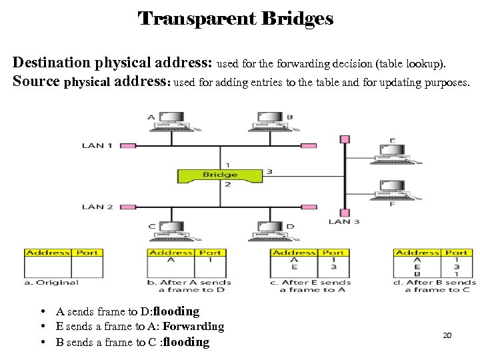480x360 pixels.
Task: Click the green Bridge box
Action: point(219,175)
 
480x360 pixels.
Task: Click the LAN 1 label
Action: point(97,145)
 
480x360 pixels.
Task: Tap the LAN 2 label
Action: point(97,207)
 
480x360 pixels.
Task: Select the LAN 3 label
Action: point(344,221)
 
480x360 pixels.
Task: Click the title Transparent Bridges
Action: point(235,18)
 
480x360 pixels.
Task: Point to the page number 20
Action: point(447,335)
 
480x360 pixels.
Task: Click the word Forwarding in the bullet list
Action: point(193,327)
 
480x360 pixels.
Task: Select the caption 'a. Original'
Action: point(51,283)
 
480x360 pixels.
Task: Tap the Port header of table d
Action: point(456,253)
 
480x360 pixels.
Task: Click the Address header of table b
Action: point(171,253)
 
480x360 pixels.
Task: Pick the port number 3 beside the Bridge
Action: point(269,172)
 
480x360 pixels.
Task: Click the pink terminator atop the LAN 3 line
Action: point(345,139)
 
